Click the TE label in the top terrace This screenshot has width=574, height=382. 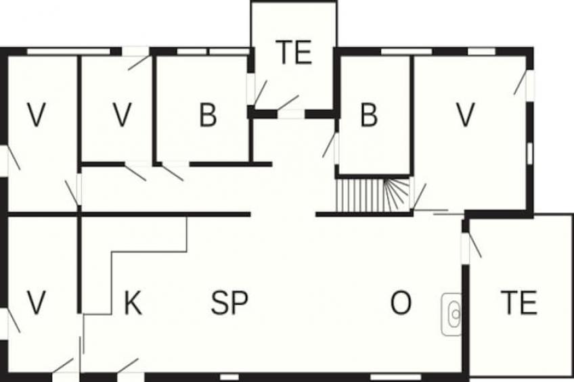click(x=294, y=52)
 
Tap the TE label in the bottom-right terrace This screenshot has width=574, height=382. click(x=519, y=302)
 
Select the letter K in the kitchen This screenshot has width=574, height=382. click(x=133, y=303)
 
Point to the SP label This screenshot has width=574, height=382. click(x=229, y=303)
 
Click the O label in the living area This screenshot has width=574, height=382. click(x=401, y=303)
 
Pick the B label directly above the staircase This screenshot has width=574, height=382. click(x=369, y=115)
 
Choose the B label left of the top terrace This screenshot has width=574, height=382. click(x=208, y=115)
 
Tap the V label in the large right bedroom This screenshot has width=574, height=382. click(x=466, y=115)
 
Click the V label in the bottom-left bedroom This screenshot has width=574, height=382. click(x=37, y=303)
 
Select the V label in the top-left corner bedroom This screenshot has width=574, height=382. click(x=37, y=115)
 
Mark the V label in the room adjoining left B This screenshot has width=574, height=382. click(x=122, y=115)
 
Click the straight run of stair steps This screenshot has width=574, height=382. click(x=359, y=195)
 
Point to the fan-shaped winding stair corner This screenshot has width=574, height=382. click(x=397, y=195)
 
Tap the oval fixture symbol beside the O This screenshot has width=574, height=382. click(x=452, y=314)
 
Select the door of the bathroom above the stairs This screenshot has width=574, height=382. click(x=329, y=145)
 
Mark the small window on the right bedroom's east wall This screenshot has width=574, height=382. click(x=530, y=153)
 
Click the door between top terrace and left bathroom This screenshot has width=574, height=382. click(x=261, y=92)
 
